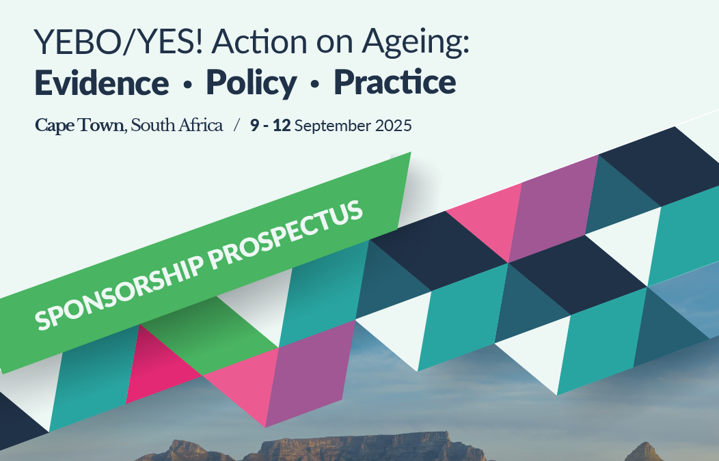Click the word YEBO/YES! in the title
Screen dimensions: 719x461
pos(118,41)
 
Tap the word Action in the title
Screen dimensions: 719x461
pos(260,41)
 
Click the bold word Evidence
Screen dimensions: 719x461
pos(102,83)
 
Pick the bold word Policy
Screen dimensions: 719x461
pos(252,83)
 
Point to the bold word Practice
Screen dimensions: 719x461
pos(395,82)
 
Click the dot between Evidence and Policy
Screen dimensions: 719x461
pos(187,85)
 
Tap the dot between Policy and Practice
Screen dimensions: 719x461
pos(314,85)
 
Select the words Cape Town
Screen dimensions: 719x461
pos(79,126)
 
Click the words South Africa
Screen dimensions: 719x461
pos(176,125)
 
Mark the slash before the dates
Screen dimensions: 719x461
pos(236,125)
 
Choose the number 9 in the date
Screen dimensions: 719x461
pos(254,125)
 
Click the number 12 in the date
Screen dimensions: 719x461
pos(282,125)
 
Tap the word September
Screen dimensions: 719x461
pos(332,126)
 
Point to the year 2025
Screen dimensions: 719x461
pos(394,126)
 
